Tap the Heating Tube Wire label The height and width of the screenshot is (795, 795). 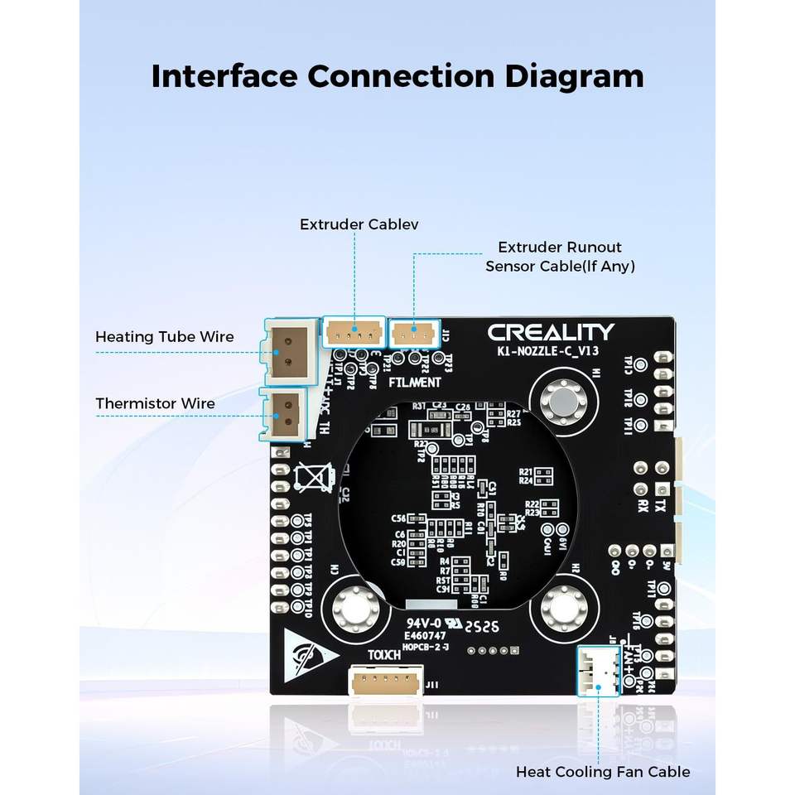[164, 337]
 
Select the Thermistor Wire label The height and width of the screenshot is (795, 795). [155, 404]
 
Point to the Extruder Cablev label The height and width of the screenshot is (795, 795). [359, 224]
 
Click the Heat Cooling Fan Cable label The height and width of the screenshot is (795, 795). [602, 772]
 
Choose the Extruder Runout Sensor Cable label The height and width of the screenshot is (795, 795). [560, 257]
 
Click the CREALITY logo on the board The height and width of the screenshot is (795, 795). [551, 333]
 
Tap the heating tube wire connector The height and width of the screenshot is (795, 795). [289, 351]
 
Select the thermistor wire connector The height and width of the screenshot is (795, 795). [286, 412]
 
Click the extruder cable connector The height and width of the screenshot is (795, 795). [354, 333]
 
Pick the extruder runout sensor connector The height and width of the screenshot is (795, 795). [412, 333]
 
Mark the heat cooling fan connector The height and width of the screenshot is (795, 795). [597, 671]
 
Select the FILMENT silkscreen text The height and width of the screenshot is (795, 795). [414, 383]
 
